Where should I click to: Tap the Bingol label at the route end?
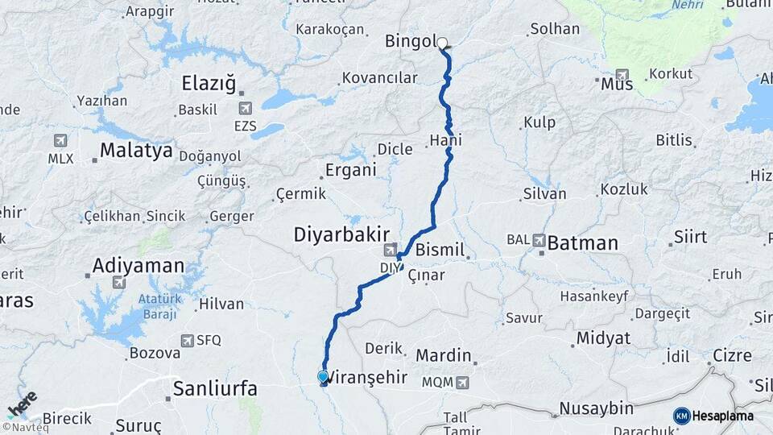click(x=411, y=40)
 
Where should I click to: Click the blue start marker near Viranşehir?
click(x=323, y=376)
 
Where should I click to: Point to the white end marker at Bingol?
click(x=442, y=43)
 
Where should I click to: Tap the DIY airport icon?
click(x=391, y=250)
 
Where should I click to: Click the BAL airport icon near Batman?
click(x=538, y=241)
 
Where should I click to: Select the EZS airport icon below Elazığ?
click(x=245, y=108)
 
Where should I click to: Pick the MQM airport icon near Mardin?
click(x=462, y=382)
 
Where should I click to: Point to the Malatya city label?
click(x=136, y=151)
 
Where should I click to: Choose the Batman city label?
click(x=583, y=242)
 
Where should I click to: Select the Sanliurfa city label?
click(x=216, y=389)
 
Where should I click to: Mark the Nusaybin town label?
click(x=596, y=408)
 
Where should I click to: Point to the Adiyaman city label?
click(x=138, y=265)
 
